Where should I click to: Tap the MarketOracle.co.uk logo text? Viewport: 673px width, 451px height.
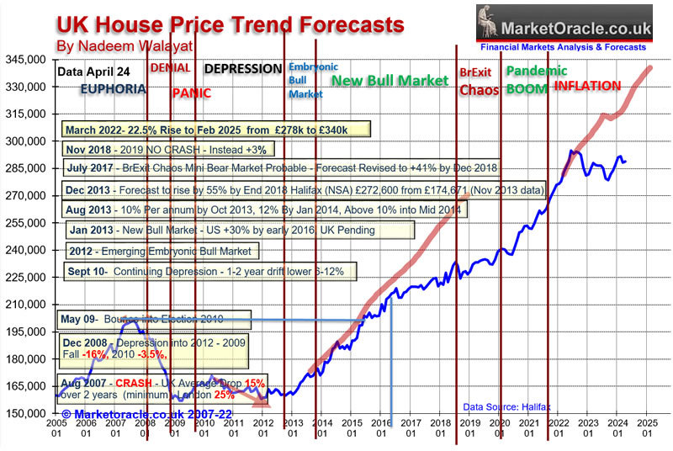click(x=576, y=31)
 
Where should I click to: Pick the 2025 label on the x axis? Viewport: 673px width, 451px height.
click(x=647, y=427)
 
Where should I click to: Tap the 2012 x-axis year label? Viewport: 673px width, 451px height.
click(x=263, y=427)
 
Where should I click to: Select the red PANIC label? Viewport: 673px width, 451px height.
click(x=191, y=93)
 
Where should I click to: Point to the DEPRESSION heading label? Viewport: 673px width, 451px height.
click(x=243, y=69)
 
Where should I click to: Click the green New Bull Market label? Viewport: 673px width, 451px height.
click(x=389, y=81)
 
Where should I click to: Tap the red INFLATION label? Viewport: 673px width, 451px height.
click(x=589, y=86)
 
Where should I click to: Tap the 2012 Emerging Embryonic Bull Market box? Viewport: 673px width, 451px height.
click(x=162, y=251)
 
